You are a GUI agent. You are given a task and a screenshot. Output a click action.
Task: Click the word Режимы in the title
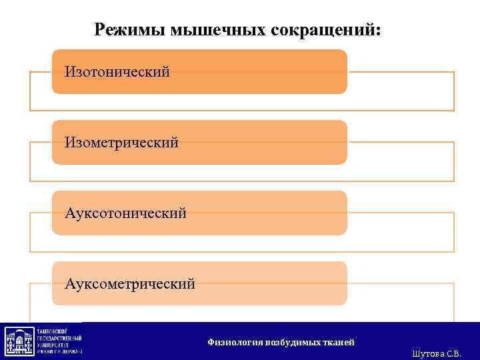click(x=130, y=30)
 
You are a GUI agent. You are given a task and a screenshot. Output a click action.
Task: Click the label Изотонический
click(x=117, y=71)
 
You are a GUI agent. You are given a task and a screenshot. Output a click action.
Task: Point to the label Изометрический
click(x=121, y=142)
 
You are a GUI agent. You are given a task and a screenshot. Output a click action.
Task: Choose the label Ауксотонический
click(x=125, y=213)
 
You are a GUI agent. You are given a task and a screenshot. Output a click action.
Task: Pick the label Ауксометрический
click(x=130, y=284)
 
